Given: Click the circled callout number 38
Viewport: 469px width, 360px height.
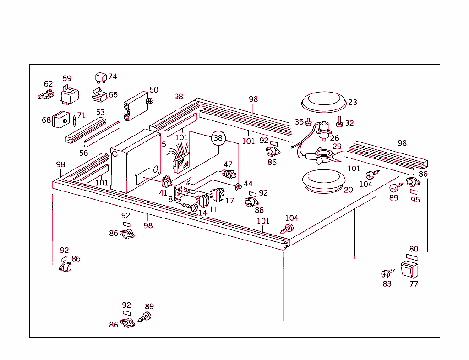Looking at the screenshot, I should pos(218,138).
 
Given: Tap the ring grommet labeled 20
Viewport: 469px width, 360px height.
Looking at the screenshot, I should pos(323,180).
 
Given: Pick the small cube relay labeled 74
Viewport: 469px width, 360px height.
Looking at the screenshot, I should pos(101,76).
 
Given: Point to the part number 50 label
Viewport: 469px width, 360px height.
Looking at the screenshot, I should pos(154,90).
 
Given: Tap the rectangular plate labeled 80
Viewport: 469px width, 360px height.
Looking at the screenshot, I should pos(412,257).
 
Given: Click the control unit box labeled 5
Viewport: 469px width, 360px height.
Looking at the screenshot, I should pos(135,161).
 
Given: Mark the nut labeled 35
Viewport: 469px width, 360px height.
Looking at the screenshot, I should pos(309,122).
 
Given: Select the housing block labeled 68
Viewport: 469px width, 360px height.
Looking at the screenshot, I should pos(60,120).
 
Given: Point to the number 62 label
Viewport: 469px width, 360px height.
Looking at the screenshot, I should pos(49,84).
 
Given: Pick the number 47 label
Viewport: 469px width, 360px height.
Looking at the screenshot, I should pos(228,164).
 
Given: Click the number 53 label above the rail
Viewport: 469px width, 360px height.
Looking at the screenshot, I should pos(100,112).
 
